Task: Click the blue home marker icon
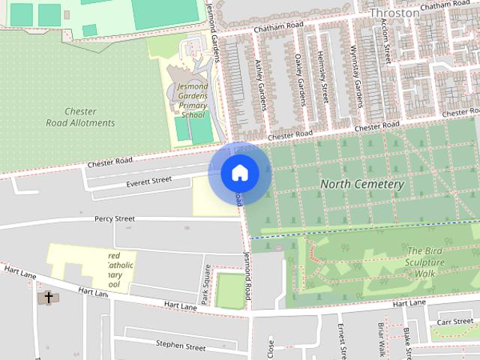(239, 173)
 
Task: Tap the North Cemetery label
(362, 184)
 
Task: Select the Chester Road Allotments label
(80, 117)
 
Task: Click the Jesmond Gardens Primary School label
(191, 101)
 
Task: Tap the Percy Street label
(114, 219)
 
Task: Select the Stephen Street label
(180, 346)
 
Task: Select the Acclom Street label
(385, 41)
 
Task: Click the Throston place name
(394, 13)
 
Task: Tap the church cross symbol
(49, 298)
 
